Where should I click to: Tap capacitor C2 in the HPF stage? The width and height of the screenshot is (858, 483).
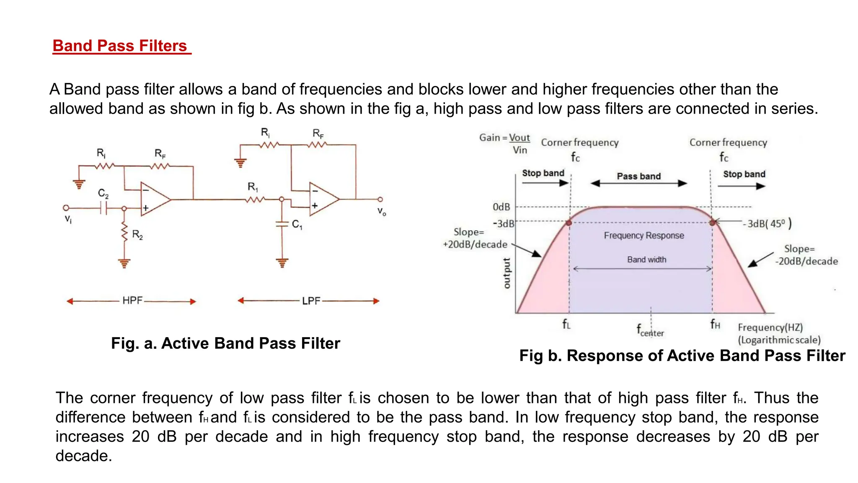(x=103, y=208)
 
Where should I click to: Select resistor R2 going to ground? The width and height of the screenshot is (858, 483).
(x=124, y=233)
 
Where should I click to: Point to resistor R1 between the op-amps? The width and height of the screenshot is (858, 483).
(x=255, y=199)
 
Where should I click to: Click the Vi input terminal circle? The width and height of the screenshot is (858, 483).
(x=66, y=208)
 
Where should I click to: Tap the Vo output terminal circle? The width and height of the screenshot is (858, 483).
(x=380, y=199)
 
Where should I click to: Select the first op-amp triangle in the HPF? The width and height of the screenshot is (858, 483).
(x=154, y=200)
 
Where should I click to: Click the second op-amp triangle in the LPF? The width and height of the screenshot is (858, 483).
(x=323, y=199)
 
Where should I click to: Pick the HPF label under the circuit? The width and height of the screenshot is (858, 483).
(x=132, y=301)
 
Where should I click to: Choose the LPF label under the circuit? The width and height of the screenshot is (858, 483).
(x=311, y=301)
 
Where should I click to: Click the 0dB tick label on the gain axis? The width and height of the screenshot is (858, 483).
(x=501, y=207)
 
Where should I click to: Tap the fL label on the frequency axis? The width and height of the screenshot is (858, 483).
(x=566, y=324)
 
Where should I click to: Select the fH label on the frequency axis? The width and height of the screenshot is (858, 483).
(x=715, y=324)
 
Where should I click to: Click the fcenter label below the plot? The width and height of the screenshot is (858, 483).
(x=650, y=330)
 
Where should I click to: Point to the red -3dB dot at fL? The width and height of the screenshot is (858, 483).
(x=569, y=223)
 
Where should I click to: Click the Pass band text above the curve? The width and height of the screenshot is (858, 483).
(x=638, y=176)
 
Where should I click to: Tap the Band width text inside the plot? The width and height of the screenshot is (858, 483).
(x=646, y=260)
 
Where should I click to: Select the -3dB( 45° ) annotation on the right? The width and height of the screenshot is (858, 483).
(x=767, y=223)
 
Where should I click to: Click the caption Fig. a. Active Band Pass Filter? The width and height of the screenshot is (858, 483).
(x=225, y=343)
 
